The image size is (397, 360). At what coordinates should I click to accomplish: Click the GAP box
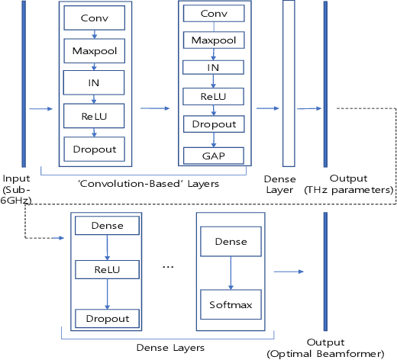coord(213,155)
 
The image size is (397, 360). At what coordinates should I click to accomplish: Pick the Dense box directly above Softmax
coord(231,242)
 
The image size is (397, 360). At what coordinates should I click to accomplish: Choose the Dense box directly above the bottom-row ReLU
coord(107,226)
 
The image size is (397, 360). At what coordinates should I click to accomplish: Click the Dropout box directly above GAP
coord(213,124)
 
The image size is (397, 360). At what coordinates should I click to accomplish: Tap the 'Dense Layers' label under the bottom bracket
coord(173,347)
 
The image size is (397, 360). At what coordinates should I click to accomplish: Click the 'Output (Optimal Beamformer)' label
coord(325,348)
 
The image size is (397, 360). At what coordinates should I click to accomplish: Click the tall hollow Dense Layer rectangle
coord(289,83)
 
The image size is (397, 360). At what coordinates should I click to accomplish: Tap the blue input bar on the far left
coord(24,83)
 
